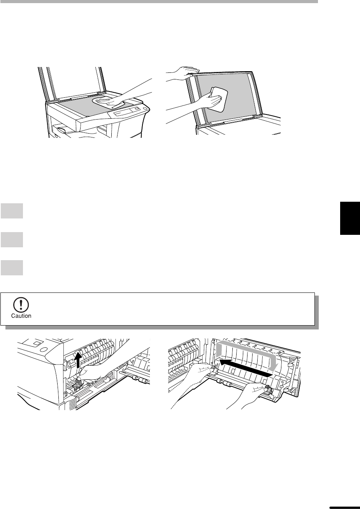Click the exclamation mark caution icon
pos(21,305)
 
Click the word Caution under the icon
pos(21,316)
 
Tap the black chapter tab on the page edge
pos(350,218)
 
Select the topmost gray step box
pos(12,211)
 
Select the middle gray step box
pos(12,240)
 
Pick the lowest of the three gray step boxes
pos(12,268)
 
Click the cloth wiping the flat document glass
pos(109,103)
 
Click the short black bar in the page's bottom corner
pos(344,507)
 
